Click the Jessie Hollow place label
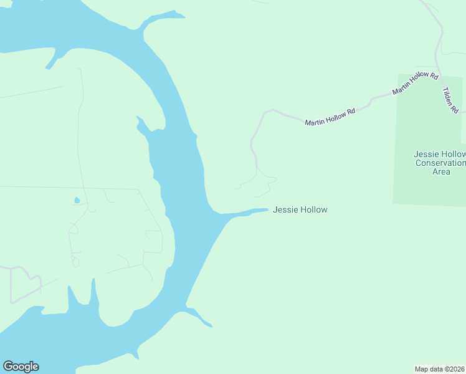click(300, 210)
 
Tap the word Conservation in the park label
click(440, 163)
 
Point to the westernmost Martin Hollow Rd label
click(330, 117)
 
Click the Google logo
click(21, 367)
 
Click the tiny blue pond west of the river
click(77, 201)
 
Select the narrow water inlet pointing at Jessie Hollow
click(246, 213)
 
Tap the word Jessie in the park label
click(426, 154)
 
